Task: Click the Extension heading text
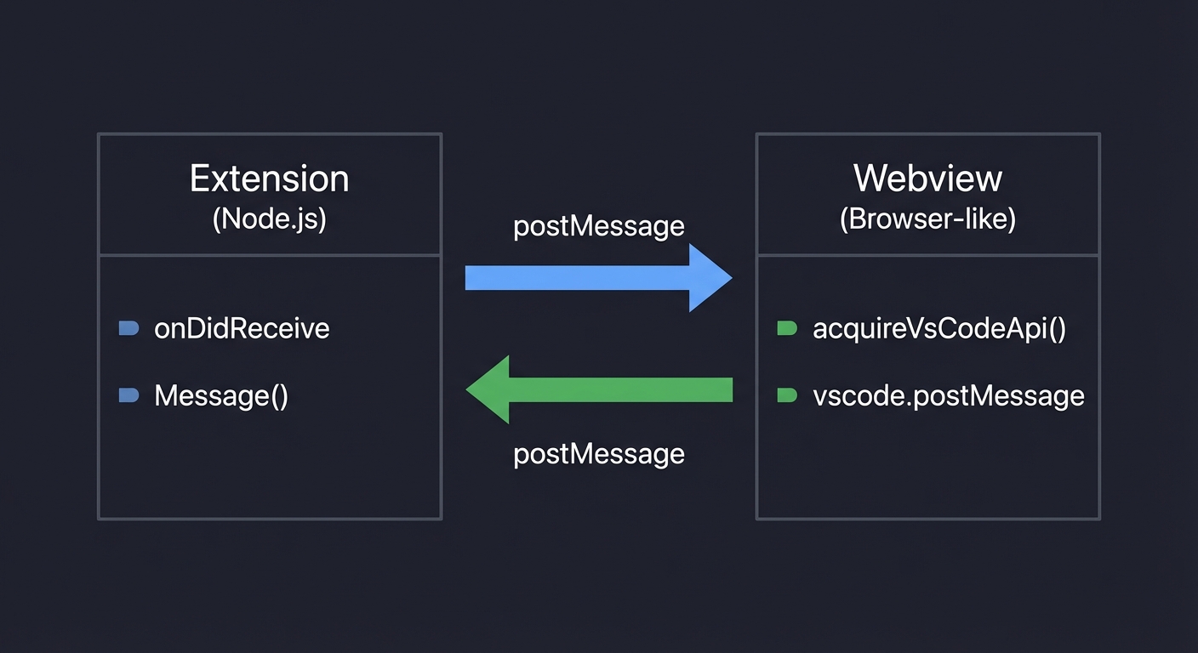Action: tap(269, 179)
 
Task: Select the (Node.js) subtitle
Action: tap(269, 219)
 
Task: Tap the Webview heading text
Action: tap(927, 179)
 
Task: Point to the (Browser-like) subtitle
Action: tap(927, 219)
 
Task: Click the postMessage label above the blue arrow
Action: tap(599, 226)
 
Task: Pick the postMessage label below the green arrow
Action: tap(599, 453)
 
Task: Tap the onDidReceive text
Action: tap(242, 328)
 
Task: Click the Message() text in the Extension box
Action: tap(221, 395)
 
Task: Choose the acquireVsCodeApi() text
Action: tap(939, 328)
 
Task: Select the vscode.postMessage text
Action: tap(949, 395)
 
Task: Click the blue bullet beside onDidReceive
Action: tap(128, 328)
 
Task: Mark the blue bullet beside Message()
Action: tap(128, 395)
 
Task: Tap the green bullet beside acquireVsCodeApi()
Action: tap(787, 328)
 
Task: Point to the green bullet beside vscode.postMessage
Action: tap(787, 395)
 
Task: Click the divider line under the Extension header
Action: tap(269, 254)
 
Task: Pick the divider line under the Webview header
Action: tap(927, 254)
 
